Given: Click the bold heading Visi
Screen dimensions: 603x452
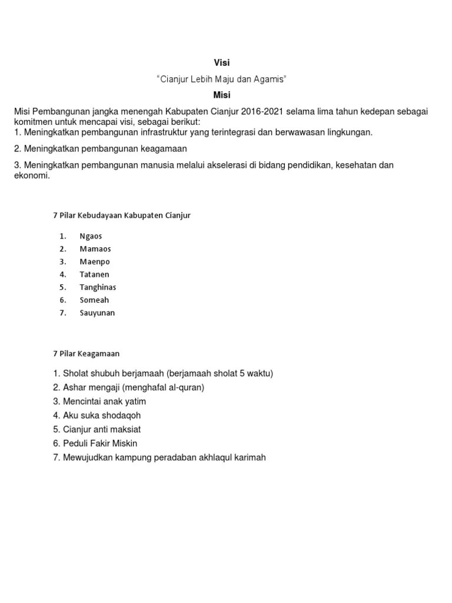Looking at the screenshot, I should [221, 63].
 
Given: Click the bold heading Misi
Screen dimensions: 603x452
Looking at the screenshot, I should [221, 95].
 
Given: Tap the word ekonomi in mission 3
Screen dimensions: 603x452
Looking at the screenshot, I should [32, 175].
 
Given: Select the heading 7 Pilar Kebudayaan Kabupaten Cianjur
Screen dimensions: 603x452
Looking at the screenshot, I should [122, 216].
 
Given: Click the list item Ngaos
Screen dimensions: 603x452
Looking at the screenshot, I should [91, 236].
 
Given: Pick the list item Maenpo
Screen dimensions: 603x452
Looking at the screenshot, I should [95, 261].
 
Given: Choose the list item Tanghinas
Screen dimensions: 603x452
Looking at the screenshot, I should [98, 287].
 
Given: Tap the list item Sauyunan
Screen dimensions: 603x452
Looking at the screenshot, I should [98, 313].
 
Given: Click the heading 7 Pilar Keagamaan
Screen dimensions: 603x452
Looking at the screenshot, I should [86, 353].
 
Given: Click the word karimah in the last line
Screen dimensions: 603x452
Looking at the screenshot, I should [250, 458].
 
